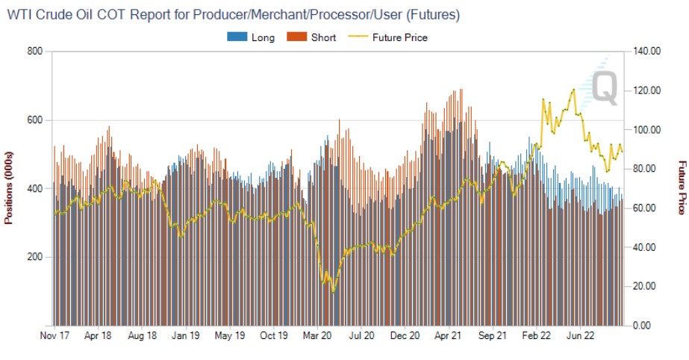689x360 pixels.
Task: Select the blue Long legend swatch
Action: tap(237, 37)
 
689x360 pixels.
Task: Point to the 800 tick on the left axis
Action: tap(34, 51)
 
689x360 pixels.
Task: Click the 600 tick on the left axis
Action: tap(34, 120)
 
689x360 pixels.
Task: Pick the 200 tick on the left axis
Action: tap(34, 257)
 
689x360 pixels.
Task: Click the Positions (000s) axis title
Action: tap(9, 188)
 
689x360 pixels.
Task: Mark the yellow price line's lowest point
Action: tap(333, 291)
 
